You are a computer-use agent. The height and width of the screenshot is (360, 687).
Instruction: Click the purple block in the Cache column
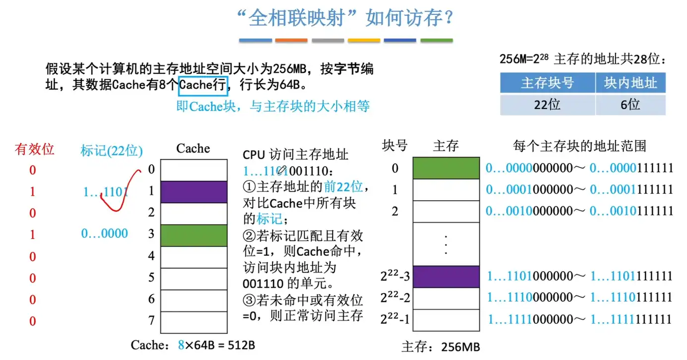click(x=194, y=192)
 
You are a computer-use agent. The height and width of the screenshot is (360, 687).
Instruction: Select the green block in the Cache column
click(x=194, y=235)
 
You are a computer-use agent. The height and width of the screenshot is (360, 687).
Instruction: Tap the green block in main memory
click(x=446, y=168)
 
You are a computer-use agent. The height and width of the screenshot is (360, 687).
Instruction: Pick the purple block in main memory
click(x=446, y=276)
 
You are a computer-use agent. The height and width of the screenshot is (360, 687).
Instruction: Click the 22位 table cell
click(x=547, y=105)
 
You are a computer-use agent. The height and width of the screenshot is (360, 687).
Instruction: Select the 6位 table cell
click(x=630, y=105)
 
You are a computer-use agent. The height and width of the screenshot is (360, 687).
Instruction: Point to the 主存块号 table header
click(x=547, y=83)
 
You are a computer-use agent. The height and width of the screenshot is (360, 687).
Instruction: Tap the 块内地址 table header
click(x=630, y=83)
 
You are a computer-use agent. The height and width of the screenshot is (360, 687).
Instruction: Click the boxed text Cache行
click(x=203, y=85)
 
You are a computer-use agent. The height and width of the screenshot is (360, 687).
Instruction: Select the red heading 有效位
click(x=35, y=149)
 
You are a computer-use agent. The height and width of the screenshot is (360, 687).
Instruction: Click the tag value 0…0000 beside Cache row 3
click(x=105, y=234)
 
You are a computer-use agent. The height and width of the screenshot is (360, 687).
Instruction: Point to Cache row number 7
click(x=152, y=321)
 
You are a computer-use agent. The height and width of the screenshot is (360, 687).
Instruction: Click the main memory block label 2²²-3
click(x=395, y=276)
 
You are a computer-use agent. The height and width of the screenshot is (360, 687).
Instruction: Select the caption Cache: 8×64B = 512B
click(x=193, y=345)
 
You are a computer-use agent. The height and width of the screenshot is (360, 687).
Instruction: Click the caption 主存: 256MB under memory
click(x=441, y=347)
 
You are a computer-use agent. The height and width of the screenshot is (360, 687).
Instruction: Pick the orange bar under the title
click(x=291, y=40)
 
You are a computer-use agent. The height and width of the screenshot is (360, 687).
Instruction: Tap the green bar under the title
click(x=437, y=40)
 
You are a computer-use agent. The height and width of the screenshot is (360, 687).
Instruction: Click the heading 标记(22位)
click(x=112, y=150)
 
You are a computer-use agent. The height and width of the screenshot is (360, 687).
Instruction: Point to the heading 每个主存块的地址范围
click(x=579, y=146)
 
